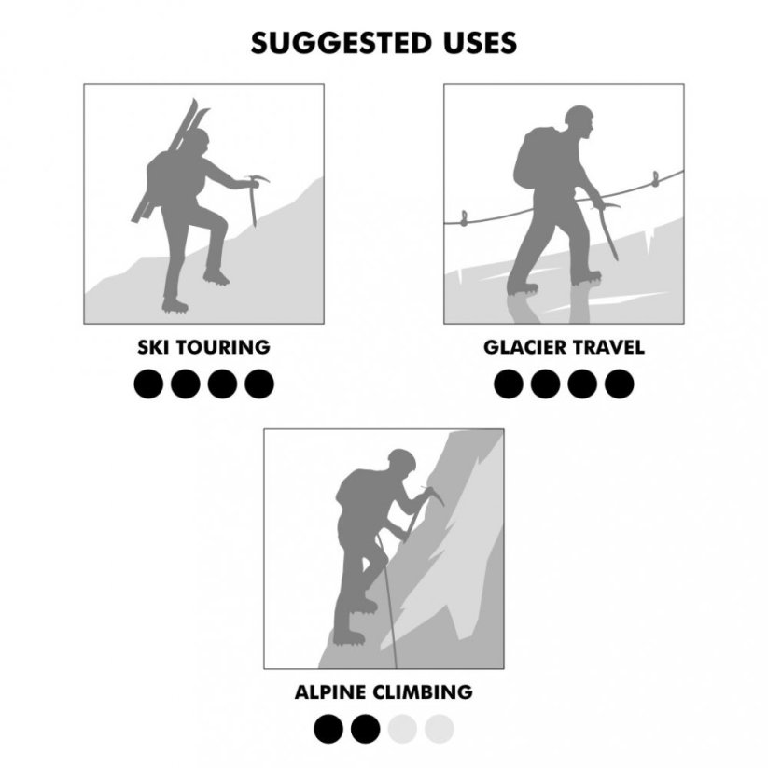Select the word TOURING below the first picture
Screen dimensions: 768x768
223,347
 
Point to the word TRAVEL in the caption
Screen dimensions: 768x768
608,347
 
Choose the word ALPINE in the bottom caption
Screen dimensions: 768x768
330,692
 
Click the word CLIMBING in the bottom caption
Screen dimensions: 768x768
423,692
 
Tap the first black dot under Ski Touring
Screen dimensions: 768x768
148,384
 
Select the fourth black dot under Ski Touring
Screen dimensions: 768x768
259,384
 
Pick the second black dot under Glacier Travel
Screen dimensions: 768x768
545,384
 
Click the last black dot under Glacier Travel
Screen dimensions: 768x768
619,384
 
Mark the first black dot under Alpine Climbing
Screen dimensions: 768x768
328,729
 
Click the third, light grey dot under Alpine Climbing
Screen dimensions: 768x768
402,729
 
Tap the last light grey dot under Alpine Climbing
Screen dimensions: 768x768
440,729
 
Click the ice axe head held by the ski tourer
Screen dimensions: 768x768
258,179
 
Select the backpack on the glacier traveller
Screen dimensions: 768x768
534,157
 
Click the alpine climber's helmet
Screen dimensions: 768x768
401,458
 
